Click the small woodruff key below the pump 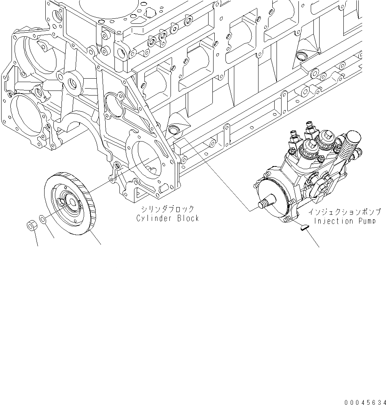click(304, 228)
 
